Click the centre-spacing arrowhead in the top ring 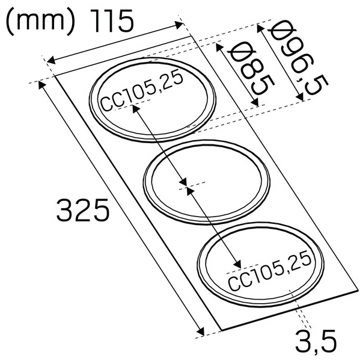coord(136,108)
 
